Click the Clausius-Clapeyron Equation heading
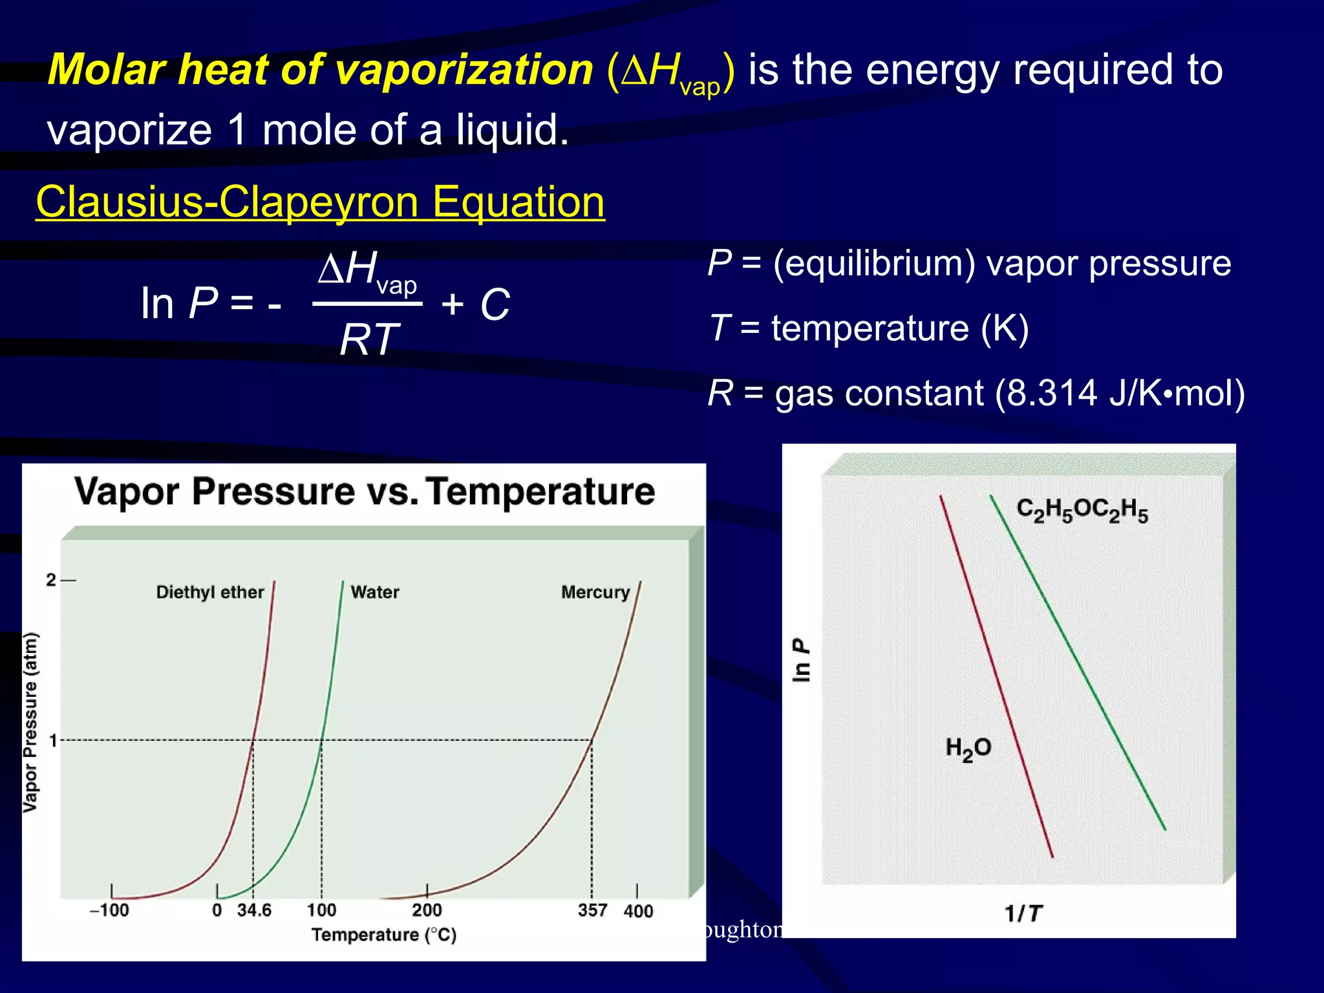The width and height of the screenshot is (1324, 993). pyautogui.click(x=320, y=202)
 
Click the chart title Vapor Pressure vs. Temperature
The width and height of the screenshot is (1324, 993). pyautogui.click(x=365, y=491)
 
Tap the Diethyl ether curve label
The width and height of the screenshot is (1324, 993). pyautogui.click(x=210, y=592)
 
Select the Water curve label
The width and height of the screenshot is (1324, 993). pyautogui.click(x=375, y=592)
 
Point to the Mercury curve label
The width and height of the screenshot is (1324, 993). pyautogui.click(x=595, y=592)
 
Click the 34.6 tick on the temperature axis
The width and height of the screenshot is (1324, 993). pyautogui.click(x=254, y=910)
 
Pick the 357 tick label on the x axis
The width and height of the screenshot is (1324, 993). pyautogui.click(x=592, y=910)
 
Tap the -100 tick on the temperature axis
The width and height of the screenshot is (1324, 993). pyautogui.click(x=110, y=910)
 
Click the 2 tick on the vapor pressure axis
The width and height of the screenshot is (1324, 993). pyautogui.click(x=52, y=580)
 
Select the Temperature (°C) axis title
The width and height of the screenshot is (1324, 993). pyautogui.click(x=384, y=935)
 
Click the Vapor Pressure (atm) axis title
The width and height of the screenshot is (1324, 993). pyautogui.click(x=30, y=722)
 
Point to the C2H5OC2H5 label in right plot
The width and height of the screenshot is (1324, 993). pyautogui.click(x=1082, y=510)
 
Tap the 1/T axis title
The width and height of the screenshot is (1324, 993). pyautogui.click(x=1023, y=913)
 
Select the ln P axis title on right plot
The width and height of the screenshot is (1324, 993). pyautogui.click(x=800, y=660)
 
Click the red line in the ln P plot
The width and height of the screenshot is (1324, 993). pyautogui.click(x=996, y=676)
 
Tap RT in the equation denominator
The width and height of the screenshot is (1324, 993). pyautogui.click(x=369, y=340)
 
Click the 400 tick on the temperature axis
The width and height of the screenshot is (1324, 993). pyautogui.click(x=637, y=911)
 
